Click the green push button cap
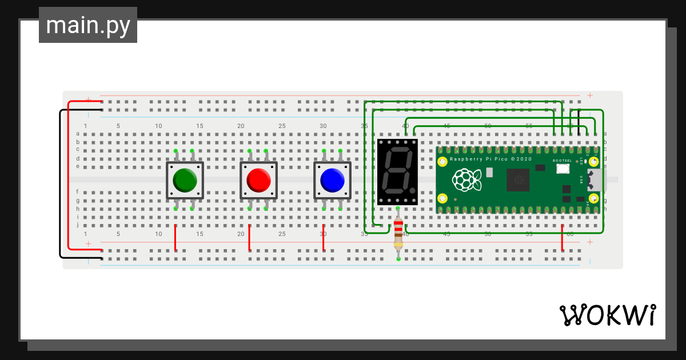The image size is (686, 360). click(185, 180)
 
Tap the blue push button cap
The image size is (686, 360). click(332, 180)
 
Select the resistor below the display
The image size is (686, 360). click(398, 234)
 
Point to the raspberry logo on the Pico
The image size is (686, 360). click(466, 181)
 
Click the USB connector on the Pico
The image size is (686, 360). click(597, 181)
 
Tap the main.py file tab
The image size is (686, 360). click(88, 26)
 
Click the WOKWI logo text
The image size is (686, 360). click(607, 315)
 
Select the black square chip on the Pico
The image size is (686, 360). click(520, 181)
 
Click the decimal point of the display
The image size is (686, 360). click(411, 189)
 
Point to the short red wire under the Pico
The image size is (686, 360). click(563, 238)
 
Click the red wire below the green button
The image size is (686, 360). click(176, 238)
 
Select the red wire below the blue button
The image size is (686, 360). click(324, 238)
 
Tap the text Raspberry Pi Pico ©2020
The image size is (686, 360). click(491, 159)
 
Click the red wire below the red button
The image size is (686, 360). click(249, 238)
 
